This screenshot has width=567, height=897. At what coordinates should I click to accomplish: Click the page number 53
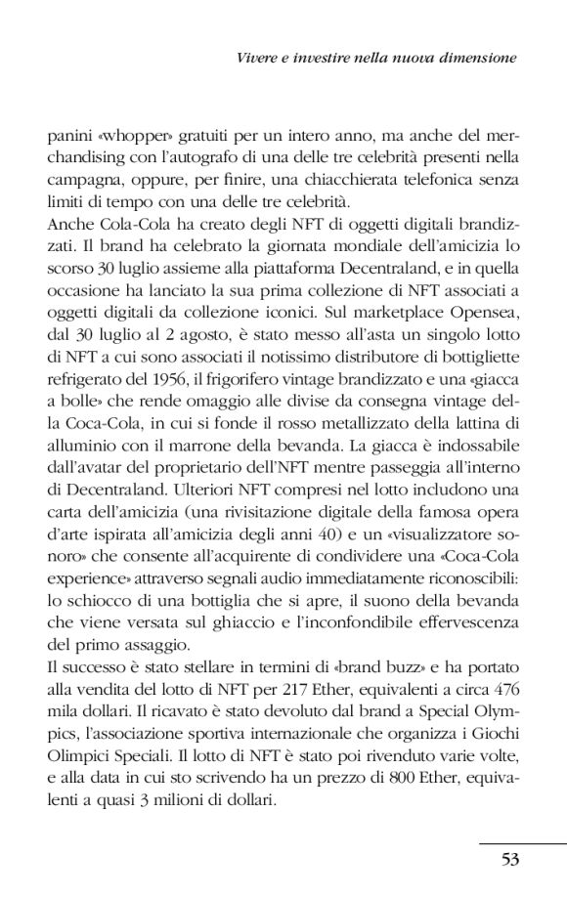click(508, 859)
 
